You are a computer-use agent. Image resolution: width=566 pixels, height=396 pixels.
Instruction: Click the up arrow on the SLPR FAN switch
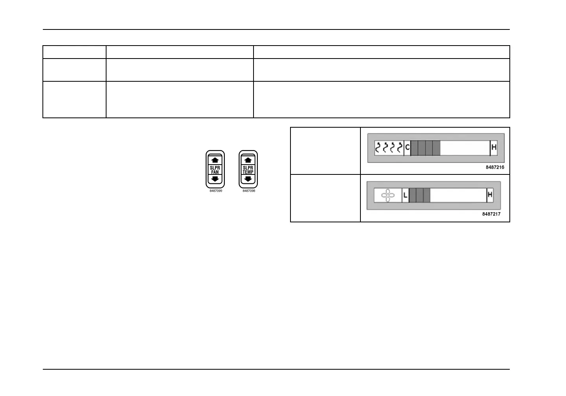pos(215,160)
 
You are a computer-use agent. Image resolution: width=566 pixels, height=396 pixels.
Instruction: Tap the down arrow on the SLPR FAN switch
pos(215,179)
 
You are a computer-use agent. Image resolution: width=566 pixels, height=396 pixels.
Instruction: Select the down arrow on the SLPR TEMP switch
pos(248,179)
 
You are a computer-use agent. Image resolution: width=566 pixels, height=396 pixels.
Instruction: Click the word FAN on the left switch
pos(215,172)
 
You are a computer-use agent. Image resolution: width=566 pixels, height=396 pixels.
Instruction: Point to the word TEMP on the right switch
pos(248,172)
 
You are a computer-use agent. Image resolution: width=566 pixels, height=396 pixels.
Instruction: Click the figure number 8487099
pos(216,191)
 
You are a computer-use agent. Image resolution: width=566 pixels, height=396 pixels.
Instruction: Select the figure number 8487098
pos(249,191)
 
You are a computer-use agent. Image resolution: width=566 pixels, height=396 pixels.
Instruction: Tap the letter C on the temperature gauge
pos(407,147)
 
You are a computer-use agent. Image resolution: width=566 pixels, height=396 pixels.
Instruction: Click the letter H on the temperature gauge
pos(494,147)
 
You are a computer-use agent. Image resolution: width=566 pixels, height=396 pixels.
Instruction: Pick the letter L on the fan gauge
pos(405,195)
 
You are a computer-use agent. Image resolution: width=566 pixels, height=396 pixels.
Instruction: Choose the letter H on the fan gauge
pos(490,194)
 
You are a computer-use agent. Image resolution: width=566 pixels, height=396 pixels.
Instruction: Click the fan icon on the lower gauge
pos(388,195)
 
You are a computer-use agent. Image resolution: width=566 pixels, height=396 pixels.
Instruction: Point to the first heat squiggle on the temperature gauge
pos(377,147)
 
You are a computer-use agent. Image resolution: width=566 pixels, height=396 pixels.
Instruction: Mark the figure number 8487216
pos(495,167)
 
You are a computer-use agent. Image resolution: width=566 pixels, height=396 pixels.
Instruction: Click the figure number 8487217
pos(491,214)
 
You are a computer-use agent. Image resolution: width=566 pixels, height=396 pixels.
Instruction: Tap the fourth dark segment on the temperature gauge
pos(436,148)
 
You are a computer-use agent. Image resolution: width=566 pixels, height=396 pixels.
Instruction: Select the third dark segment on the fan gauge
pos(427,195)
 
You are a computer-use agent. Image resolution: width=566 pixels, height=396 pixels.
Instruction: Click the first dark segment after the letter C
pos(414,148)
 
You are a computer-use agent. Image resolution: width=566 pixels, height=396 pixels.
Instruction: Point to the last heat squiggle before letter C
pos(400,147)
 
